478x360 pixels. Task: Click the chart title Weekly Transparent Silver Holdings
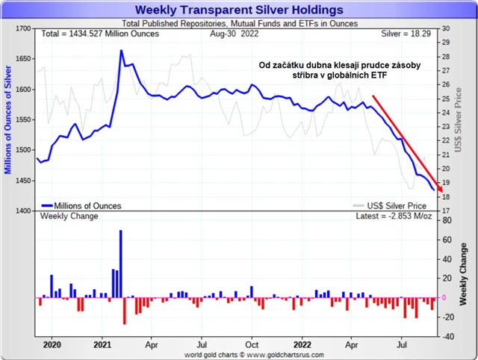pyautogui.click(x=239, y=10)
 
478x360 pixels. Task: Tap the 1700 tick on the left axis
pyautogui.click(x=21, y=28)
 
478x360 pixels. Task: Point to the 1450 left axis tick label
pyautogui.click(x=21, y=181)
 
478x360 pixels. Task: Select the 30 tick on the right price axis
pyautogui.click(x=445, y=28)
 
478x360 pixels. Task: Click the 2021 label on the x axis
pyautogui.click(x=102, y=346)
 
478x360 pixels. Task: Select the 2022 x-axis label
pyautogui.click(x=303, y=346)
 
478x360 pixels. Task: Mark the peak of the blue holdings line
pyautogui.click(x=121, y=51)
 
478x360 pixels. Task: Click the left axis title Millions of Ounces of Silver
pyautogui.click(x=8, y=120)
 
